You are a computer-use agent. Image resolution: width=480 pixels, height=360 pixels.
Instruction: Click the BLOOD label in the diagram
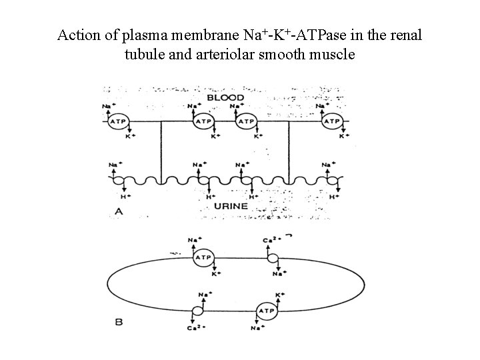tap(225, 97)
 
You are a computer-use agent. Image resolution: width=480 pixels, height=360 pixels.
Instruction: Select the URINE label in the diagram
tap(231, 207)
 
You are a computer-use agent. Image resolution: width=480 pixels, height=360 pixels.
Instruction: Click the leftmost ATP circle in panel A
tap(117, 121)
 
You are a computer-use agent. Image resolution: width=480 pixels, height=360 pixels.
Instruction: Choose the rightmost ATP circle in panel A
tap(331, 121)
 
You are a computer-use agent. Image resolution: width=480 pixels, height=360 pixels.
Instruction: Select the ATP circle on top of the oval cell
tap(203, 257)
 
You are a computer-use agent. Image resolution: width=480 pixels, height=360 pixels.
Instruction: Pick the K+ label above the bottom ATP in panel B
tap(279, 293)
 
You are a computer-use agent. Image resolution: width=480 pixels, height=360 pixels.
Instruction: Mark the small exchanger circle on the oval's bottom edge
tap(197, 311)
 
